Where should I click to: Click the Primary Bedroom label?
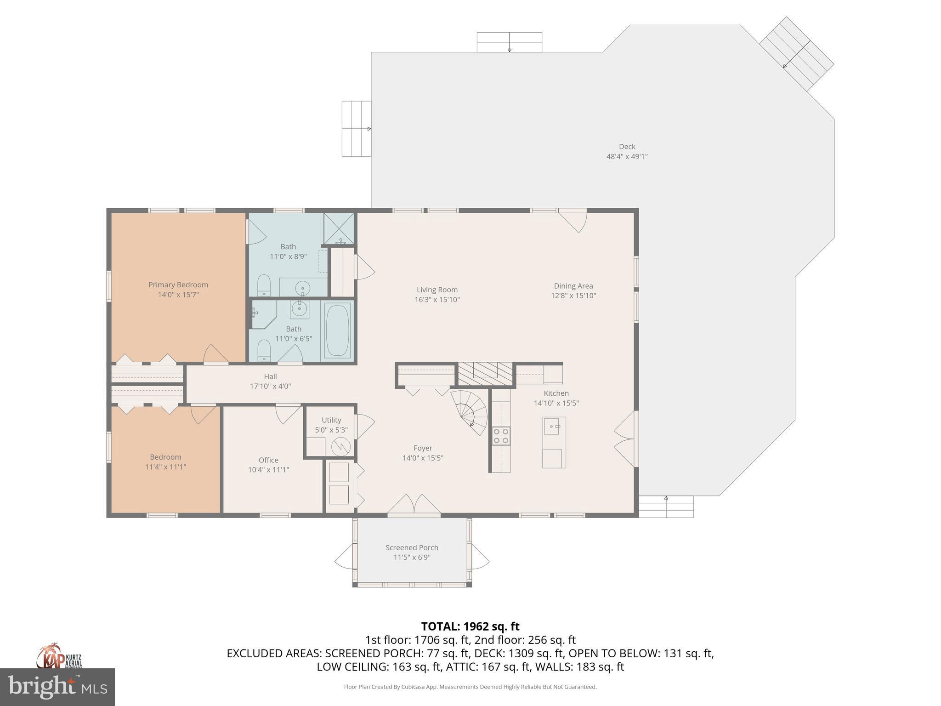tap(178, 285)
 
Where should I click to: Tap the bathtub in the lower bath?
tap(338, 330)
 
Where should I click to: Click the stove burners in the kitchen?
tap(500, 436)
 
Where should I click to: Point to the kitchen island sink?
tap(553, 426)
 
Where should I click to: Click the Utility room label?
tap(331, 420)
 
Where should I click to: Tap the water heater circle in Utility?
tap(341, 446)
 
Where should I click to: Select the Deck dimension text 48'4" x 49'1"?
tap(627, 156)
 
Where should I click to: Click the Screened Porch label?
tap(412, 547)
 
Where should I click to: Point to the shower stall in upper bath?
tap(339, 228)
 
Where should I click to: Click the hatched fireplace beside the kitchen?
tap(485, 374)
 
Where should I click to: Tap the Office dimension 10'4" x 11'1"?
tap(268, 470)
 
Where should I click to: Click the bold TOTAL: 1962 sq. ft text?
tap(470, 626)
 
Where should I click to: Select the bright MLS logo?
tap(57, 686)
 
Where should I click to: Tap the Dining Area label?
tap(573, 286)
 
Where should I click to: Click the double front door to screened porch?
tap(414, 504)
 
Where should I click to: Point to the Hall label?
tap(270, 376)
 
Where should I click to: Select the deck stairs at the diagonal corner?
tap(796, 54)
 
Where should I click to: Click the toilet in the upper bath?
tap(264, 286)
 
